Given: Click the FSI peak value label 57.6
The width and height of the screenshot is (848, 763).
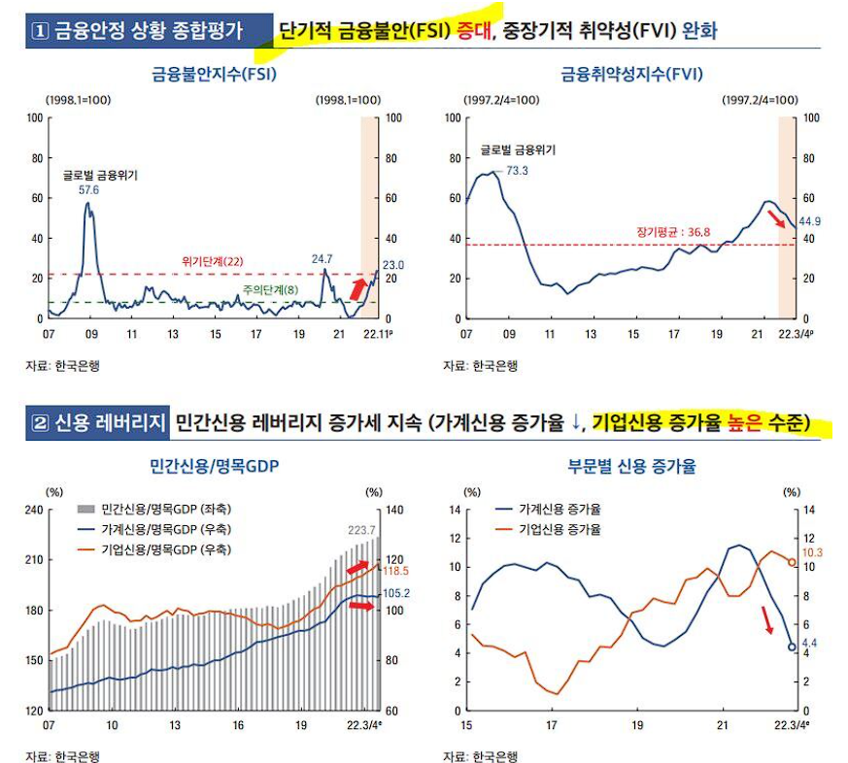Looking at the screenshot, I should click(x=89, y=191).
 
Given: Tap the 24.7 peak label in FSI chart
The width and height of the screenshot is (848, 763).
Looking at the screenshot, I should click(x=322, y=259).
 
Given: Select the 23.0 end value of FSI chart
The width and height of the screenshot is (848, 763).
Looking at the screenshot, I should click(x=393, y=264).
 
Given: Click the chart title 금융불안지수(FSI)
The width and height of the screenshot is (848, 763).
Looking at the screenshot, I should click(x=214, y=74).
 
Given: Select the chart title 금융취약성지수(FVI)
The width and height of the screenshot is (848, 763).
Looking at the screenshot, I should click(x=631, y=74).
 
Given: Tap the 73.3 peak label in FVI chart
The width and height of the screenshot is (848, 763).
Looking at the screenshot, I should click(x=518, y=171).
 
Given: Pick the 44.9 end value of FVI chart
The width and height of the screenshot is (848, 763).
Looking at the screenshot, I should click(x=810, y=221).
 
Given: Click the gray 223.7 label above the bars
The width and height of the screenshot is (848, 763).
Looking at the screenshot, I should click(x=362, y=529).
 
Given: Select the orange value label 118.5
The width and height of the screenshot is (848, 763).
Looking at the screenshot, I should click(x=396, y=571).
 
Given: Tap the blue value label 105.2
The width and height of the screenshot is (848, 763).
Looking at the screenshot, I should click(x=396, y=593).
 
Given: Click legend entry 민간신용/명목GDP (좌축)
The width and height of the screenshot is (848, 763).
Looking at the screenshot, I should click(x=165, y=509).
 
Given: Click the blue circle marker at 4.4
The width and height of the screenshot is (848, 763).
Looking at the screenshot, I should click(x=792, y=647).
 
